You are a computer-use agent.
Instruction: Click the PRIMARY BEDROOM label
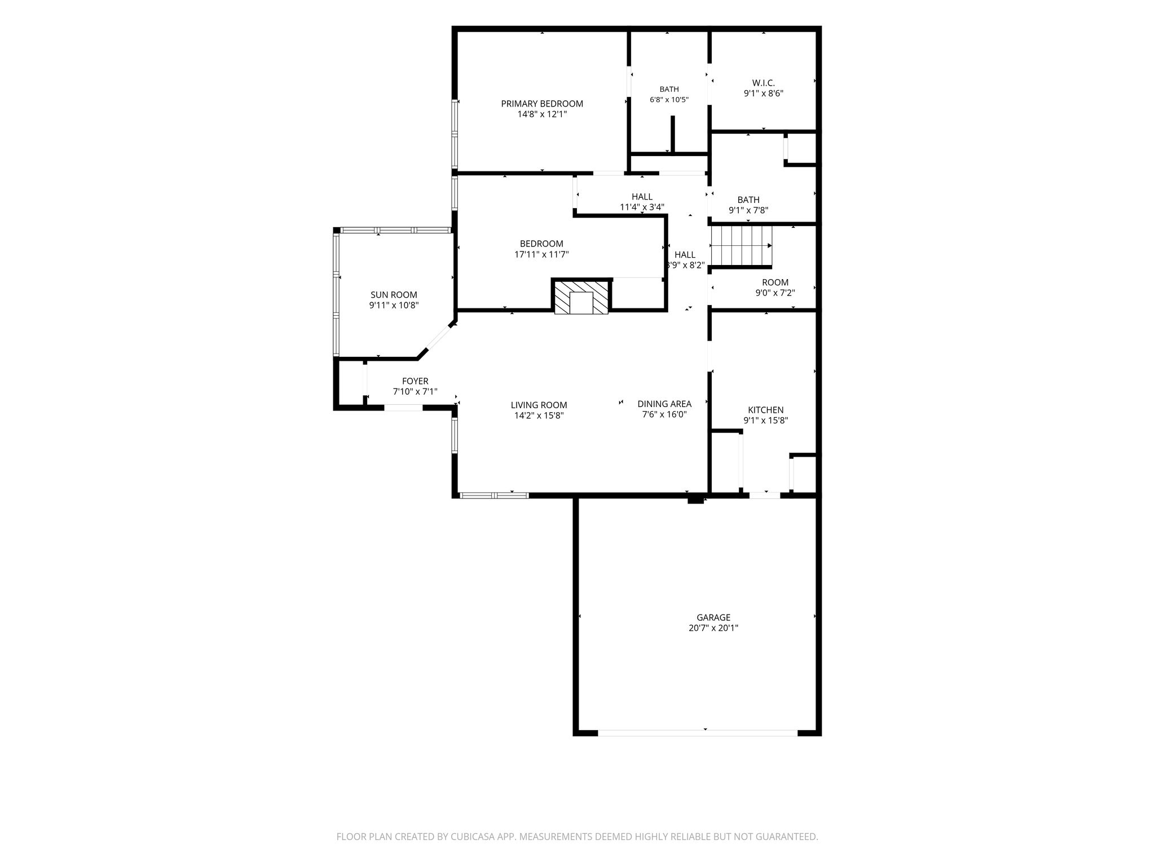coord(542,104)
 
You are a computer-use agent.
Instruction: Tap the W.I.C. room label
coord(764,83)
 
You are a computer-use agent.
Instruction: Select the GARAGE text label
coord(713,617)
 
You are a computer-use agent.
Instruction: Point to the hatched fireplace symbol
coord(581,298)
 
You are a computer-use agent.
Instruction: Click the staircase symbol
coord(740,245)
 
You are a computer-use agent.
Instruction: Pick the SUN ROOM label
coord(394,295)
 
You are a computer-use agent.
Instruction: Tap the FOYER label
coord(415,381)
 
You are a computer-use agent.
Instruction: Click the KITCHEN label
coord(765,410)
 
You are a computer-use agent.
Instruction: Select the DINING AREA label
coord(664,404)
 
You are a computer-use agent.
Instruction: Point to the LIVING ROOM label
coord(539,405)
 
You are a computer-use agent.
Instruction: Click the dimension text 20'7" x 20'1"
coord(713,628)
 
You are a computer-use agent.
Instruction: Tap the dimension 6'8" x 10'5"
coord(669,100)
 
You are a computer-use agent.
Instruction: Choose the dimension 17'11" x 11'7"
coord(541,254)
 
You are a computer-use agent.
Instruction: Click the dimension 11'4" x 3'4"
coord(642,207)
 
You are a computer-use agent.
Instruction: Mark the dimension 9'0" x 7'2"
coord(775,293)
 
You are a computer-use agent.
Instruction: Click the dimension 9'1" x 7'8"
coord(748,210)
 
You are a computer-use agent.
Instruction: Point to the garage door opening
coord(698,732)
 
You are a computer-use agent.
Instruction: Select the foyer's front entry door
coord(403,407)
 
